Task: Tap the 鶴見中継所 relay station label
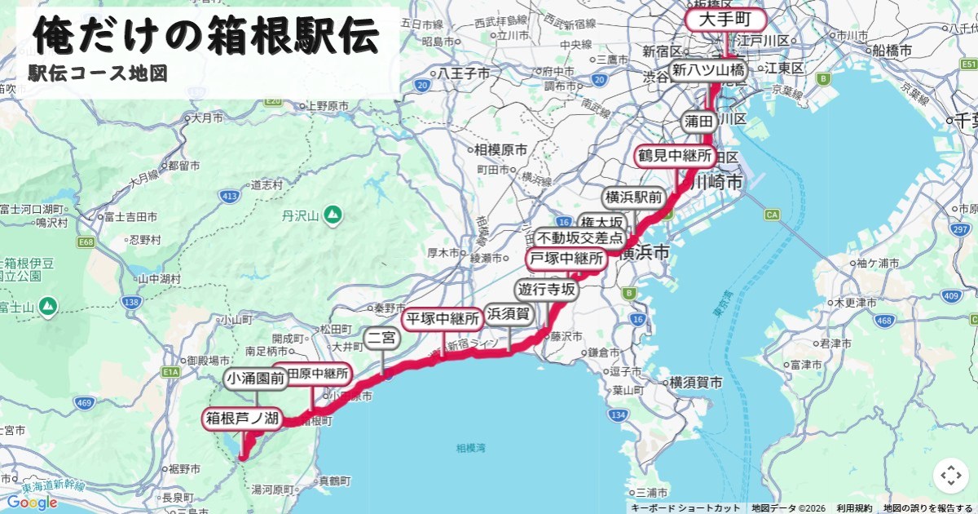point(675,155)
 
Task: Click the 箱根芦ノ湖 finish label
point(242,419)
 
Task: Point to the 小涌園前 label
point(256,379)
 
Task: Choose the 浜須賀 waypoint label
point(509,313)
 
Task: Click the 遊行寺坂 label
point(546,290)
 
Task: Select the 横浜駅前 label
point(633,197)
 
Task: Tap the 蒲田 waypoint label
point(699,122)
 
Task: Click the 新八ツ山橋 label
point(707,70)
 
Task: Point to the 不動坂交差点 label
point(579,239)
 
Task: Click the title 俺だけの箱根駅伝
point(206,36)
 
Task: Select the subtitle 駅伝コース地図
point(98,74)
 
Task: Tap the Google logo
point(33,502)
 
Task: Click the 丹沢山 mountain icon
point(333,215)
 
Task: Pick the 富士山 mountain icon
point(48,306)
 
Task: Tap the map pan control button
point(950,476)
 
